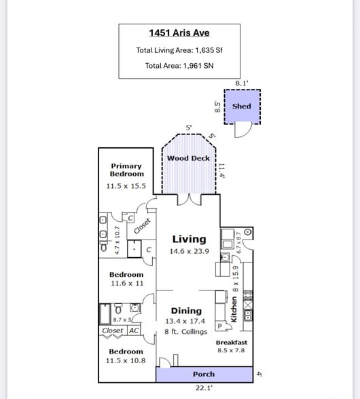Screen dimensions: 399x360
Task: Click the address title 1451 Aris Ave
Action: point(179,33)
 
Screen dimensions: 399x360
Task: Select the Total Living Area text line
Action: point(179,50)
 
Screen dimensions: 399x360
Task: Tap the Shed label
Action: point(241,106)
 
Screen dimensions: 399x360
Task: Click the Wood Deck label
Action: point(188,158)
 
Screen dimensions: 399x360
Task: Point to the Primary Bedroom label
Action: point(126,170)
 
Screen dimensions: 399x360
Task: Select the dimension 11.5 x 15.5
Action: point(126,185)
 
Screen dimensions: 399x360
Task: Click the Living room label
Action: point(189,239)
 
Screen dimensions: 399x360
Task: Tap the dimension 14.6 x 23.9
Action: point(189,251)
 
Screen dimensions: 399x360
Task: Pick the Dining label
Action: point(186,311)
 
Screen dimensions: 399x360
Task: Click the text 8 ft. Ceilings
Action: point(186,332)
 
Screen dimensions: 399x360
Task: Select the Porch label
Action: point(204,374)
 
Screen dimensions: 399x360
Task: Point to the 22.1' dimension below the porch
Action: point(204,388)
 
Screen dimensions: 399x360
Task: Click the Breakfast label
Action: point(232,343)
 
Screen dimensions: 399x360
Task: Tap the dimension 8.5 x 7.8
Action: point(232,350)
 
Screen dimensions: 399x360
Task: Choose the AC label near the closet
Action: point(134,330)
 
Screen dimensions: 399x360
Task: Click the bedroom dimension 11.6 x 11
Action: point(126,283)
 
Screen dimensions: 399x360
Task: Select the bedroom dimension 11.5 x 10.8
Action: point(126,360)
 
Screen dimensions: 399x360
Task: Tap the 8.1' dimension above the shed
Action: point(242,83)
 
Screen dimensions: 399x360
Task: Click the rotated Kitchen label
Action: point(235,309)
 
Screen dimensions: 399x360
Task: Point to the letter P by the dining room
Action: point(219,326)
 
